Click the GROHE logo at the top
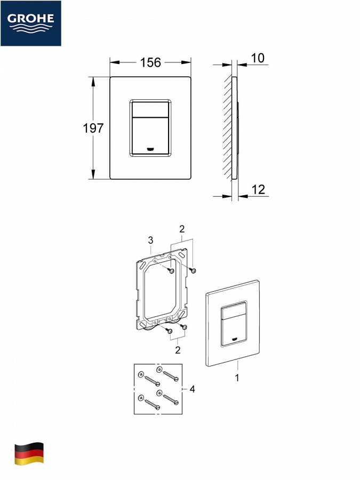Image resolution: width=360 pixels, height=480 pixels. (30, 23)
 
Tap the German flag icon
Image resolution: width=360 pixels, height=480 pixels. (29, 453)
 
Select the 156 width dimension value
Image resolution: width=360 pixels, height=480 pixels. (150, 62)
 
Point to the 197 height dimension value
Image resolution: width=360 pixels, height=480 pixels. (93, 128)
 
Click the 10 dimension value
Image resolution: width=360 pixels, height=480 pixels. (258, 58)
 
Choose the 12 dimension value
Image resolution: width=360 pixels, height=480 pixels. (258, 190)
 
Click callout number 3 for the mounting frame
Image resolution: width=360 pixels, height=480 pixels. (150, 241)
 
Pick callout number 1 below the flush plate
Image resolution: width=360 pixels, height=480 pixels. (237, 378)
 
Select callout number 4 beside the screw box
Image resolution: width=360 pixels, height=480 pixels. (192, 389)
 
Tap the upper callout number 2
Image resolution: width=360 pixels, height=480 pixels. (182, 229)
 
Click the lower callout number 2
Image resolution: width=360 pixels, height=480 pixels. (178, 350)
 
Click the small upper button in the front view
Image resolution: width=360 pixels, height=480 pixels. (150, 109)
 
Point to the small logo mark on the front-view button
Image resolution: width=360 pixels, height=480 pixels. (150, 149)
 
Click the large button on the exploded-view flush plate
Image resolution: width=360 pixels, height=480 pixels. (234, 329)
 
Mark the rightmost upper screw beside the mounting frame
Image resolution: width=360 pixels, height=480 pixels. (192, 270)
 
